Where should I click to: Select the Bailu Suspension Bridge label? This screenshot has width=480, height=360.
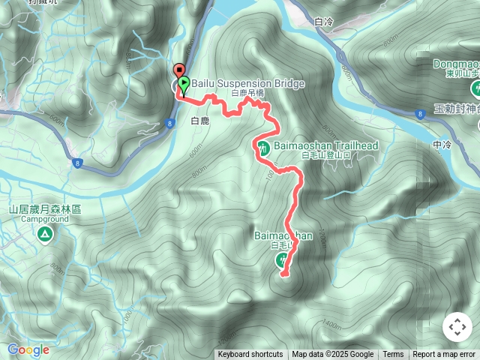pos(247,83)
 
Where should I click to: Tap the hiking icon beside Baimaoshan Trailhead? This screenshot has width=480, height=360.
pos(264,147)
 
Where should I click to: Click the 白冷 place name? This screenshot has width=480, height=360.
pos(323,22)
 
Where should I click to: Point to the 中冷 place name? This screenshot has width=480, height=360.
pos(442,144)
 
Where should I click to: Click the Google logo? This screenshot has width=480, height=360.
pos(28,349)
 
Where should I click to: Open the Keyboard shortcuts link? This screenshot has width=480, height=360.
pos(250,355)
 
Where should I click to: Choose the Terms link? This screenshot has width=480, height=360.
pos(393,355)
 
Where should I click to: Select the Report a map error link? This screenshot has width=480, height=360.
pos(444,355)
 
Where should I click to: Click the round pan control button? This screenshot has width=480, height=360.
pos(457,328)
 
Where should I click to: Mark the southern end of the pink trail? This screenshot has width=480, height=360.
pos(283,275)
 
